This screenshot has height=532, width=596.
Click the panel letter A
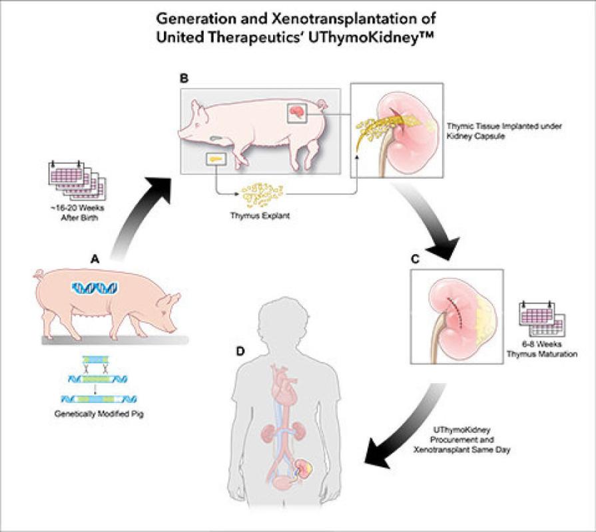95,259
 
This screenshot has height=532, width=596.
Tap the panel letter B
184,78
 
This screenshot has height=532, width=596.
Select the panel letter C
415,259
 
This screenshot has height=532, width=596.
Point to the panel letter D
240,351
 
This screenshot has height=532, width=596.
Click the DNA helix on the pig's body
95,289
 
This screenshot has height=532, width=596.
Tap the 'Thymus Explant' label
260,215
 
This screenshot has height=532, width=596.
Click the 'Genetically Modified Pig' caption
99,414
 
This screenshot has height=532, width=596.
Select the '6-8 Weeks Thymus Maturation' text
541,349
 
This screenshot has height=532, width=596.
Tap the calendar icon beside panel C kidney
542,319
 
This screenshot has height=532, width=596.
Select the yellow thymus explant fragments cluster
262,195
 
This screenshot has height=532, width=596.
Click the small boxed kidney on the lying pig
297,112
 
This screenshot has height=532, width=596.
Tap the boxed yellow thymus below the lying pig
216,159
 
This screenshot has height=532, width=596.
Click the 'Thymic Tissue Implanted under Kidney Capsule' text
504,131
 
